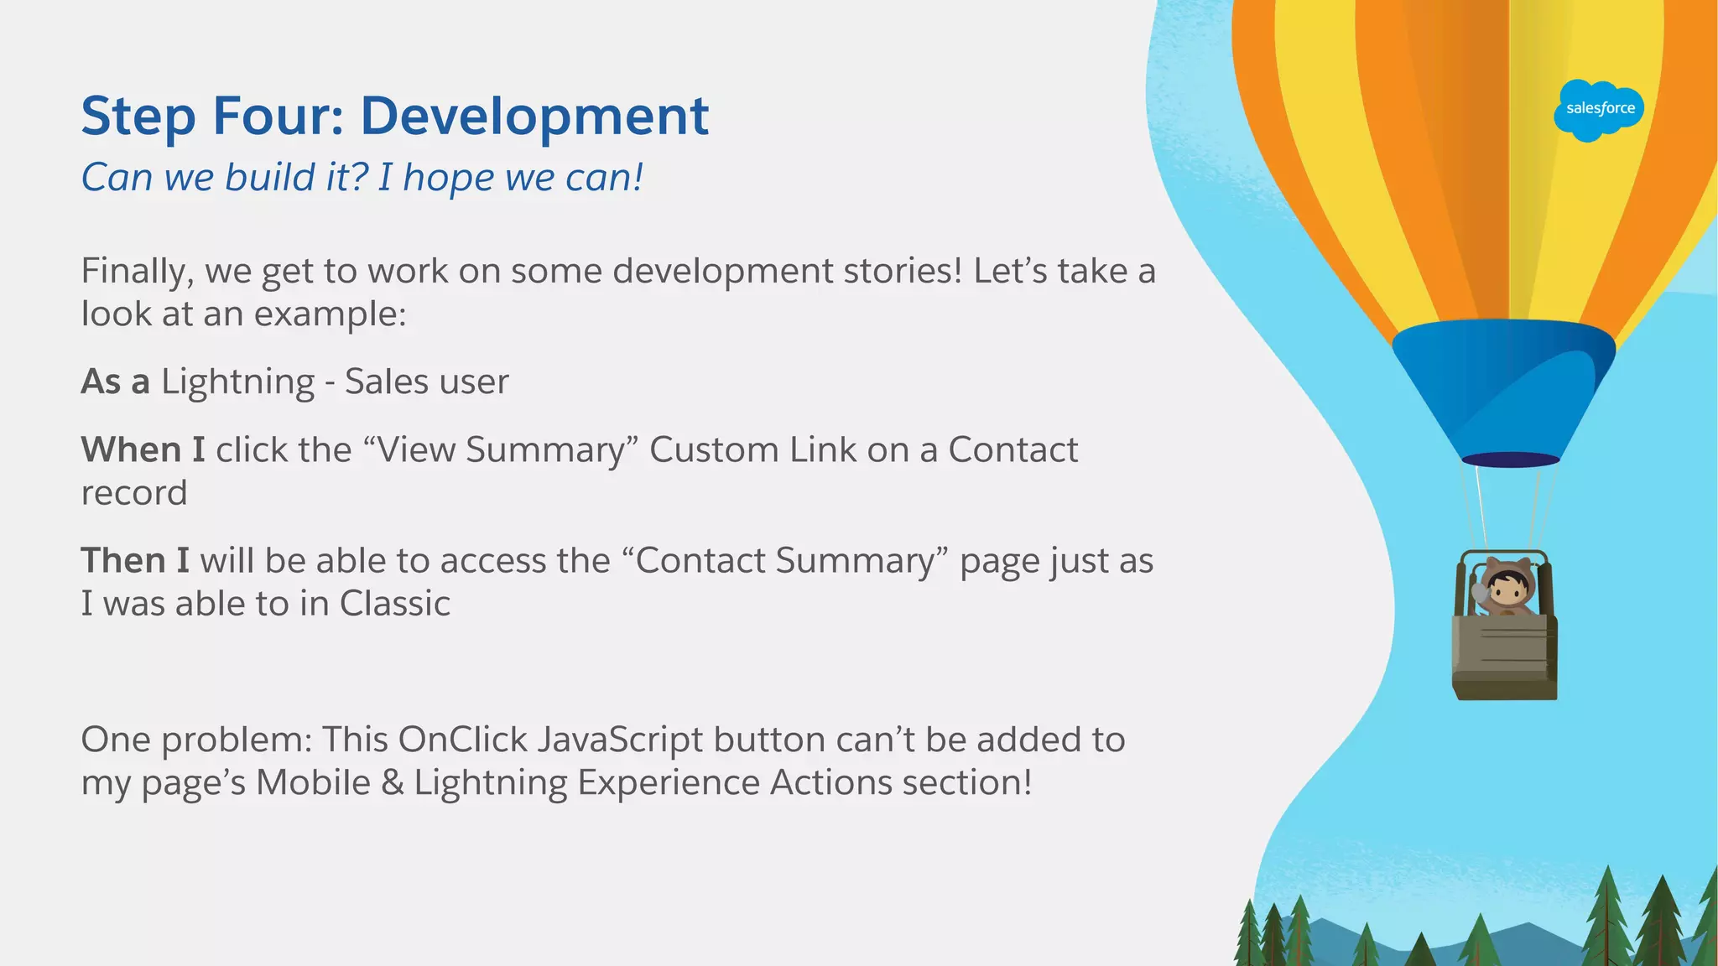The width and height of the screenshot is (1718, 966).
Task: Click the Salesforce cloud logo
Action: point(1599,110)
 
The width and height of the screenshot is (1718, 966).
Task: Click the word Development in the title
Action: point(534,116)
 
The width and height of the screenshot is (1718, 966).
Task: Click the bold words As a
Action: point(115,382)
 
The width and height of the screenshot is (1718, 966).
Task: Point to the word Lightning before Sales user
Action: point(237,382)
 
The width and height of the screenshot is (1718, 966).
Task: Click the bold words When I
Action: point(143,450)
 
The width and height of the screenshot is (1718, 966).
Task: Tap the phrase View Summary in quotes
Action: point(502,450)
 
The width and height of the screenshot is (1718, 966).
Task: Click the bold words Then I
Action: point(134,561)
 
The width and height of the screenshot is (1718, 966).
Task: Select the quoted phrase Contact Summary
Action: point(785,561)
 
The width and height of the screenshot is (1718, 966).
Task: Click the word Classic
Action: point(394,604)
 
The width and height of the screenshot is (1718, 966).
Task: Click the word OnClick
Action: point(463,740)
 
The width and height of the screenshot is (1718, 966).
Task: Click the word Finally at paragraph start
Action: point(138,272)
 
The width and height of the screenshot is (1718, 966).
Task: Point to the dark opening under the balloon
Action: point(1510,460)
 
